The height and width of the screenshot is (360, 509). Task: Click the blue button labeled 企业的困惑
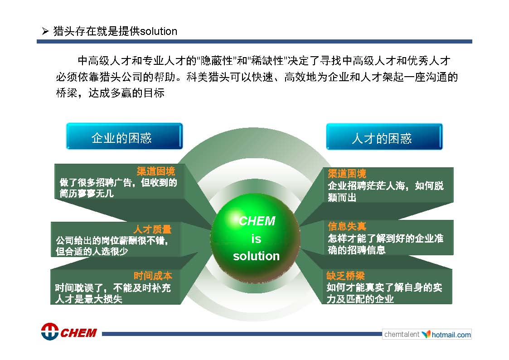124,136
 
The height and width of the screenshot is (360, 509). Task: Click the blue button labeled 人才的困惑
384,136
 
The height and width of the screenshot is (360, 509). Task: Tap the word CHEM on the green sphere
257,221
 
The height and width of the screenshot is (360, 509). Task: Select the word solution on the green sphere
256,256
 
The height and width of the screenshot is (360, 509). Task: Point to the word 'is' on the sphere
256,239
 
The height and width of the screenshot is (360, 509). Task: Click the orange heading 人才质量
152,229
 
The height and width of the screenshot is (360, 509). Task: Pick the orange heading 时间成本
153,276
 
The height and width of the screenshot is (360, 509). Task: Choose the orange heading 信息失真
347,226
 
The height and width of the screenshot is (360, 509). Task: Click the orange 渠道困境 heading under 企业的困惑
156,171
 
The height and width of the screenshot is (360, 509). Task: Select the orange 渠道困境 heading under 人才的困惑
347,173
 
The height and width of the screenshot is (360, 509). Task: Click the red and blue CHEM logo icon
50,331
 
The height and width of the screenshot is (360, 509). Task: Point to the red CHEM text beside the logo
78,333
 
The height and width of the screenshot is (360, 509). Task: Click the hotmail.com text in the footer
451,335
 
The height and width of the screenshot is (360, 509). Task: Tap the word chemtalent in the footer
402,334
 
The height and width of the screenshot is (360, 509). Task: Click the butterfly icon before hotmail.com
426,334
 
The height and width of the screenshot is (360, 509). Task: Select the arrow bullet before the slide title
45,31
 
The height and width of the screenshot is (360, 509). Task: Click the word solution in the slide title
159,31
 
